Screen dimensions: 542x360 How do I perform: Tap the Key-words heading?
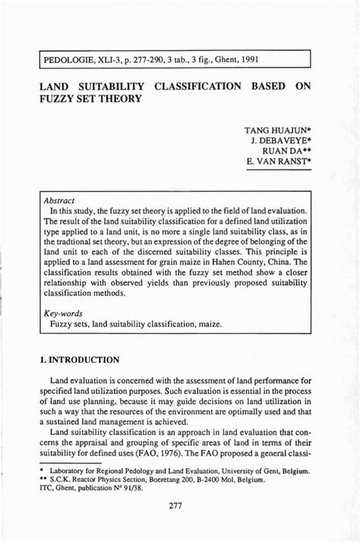tap(63, 312)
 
